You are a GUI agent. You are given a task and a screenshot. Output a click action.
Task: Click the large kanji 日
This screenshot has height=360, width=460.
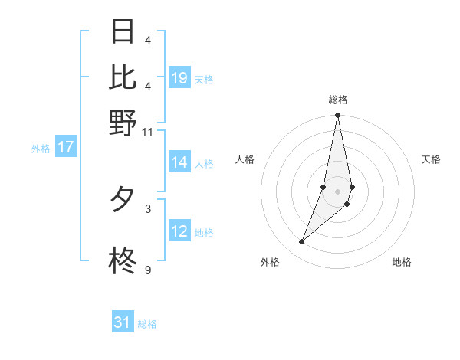[123, 31]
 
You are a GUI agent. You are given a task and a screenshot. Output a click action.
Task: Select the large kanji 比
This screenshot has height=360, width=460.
[123, 77]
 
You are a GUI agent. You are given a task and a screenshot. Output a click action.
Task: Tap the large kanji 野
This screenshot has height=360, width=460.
[123, 123]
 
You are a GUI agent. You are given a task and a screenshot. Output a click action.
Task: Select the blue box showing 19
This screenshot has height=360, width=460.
[179, 78]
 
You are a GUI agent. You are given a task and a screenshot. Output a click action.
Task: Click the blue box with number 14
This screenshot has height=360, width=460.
[179, 162]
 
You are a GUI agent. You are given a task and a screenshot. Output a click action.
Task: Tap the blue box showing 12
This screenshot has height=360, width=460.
[179, 231]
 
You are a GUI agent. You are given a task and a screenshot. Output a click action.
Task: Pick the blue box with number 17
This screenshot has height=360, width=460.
[65, 147]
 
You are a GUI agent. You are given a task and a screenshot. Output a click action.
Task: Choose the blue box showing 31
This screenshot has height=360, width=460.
[123, 322]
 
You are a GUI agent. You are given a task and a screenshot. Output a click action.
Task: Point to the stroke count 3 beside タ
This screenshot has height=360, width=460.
[148, 208]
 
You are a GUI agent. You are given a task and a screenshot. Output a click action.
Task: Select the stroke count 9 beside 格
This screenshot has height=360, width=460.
[148, 270]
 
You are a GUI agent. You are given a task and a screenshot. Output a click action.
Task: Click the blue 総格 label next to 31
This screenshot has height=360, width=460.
[148, 324]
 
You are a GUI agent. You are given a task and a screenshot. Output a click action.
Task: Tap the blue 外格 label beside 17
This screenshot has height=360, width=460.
[41, 149]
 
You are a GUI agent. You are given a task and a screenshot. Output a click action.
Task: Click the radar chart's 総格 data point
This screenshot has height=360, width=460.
[337, 116]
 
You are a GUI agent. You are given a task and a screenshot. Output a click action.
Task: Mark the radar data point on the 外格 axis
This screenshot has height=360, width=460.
[301, 242]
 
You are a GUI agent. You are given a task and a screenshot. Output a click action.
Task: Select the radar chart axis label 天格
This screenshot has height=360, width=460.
[432, 159]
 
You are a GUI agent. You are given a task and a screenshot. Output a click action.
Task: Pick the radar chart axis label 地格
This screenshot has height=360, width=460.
[402, 262]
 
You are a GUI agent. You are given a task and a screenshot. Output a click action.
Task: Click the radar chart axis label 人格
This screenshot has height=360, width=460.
[245, 159]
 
